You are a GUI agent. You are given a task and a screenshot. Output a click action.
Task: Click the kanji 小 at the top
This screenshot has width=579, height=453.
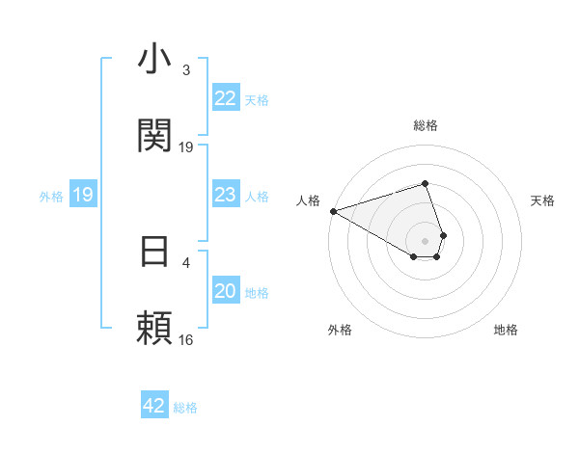(x=154, y=60)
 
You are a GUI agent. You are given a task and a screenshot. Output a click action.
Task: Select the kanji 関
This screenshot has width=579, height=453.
(x=154, y=136)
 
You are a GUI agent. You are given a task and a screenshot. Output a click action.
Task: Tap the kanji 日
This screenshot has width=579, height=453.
(x=154, y=252)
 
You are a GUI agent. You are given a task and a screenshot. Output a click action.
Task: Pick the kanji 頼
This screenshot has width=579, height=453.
(x=154, y=329)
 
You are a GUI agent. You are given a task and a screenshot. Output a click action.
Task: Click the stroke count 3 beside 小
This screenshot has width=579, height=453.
(x=186, y=70)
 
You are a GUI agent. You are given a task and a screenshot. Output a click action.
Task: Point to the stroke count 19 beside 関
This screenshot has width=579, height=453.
(x=186, y=147)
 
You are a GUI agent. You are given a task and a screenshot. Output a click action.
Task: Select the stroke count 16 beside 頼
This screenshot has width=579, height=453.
(x=186, y=339)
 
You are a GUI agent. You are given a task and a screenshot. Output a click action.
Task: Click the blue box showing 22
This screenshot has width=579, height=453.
(x=225, y=99)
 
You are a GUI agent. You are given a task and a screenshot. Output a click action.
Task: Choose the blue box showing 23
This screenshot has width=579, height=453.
(x=225, y=196)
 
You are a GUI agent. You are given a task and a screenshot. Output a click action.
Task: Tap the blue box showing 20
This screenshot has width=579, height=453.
(x=225, y=291)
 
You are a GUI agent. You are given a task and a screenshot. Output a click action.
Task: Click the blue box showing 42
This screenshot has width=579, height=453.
(x=153, y=406)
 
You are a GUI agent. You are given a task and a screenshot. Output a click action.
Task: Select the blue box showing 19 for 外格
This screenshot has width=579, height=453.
(x=83, y=196)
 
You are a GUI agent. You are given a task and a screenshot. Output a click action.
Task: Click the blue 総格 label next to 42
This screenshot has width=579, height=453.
(x=185, y=408)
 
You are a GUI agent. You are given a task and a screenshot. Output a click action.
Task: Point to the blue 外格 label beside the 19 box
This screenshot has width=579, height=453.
(x=51, y=197)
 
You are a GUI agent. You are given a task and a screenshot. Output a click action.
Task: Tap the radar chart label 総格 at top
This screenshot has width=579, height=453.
(x=425, y=125)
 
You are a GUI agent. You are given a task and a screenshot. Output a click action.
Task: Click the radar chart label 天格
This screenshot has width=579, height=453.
(x=543, y=200)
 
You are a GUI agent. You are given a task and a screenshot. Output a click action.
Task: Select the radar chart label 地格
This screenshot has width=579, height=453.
(x=506, y=330)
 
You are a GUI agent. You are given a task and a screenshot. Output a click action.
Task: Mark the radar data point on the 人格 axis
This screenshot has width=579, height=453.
(x=333, y=210)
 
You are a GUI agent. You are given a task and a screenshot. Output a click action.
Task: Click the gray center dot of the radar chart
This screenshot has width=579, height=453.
(x=425, y=240)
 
